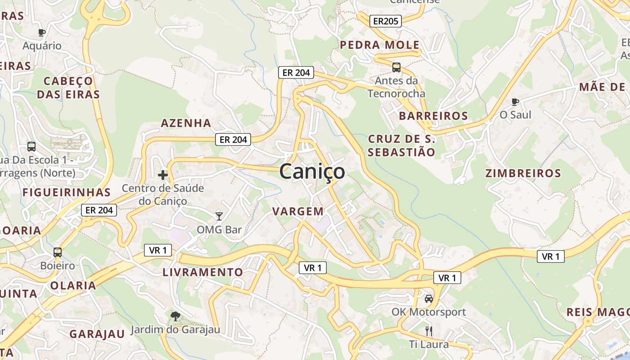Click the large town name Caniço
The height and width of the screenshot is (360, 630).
[x=312, y=171]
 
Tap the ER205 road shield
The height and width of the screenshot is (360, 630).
[x=385, y=21]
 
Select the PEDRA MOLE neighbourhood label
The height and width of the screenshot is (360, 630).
[x=380, y=45]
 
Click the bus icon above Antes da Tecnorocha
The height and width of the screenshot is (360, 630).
[x=396, y=67]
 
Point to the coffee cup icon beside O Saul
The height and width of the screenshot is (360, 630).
[x=515, y=102]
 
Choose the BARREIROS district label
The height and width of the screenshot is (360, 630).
[x=433, y=116]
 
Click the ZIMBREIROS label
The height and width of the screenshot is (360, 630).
[x=523, y=173]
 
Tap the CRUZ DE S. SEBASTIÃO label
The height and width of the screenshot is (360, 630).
[x=401, y=145]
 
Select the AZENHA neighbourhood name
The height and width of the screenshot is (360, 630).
[x=186, y=123]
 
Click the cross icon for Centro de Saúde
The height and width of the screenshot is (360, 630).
[x=163, y=175]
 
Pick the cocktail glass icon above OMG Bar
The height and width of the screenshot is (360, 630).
[x=219, y=216]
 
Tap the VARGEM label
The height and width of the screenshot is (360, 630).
[x=298, y=211]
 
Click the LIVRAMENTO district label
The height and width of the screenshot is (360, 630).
[x=202, y=272]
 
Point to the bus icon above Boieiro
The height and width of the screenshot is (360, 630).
[x=58, y=252]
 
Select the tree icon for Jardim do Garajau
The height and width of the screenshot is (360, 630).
[x=175, y=316]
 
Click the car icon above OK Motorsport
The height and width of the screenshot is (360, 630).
[x=429, y=298]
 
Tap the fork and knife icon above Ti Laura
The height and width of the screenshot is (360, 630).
[x=429, y=331]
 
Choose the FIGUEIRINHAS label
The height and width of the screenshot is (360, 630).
[x=66, y=192]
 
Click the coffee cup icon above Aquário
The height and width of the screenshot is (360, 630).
[x=42, y=32]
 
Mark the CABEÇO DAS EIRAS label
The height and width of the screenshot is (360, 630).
[x=68, y=88]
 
